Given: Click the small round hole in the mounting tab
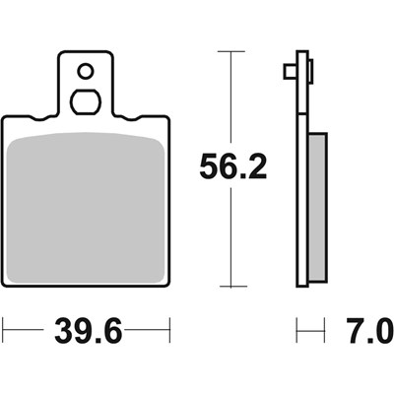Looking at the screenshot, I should (86, 71).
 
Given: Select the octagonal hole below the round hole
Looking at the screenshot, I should (86, 101).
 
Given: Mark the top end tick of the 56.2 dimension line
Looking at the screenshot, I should (230, 50).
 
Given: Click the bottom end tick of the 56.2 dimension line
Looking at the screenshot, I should (230, 287).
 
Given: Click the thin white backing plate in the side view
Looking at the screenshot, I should (298, 167).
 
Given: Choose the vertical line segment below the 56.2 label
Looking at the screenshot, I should (230, 236).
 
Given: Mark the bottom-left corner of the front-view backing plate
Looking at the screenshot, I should (5, 284).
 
